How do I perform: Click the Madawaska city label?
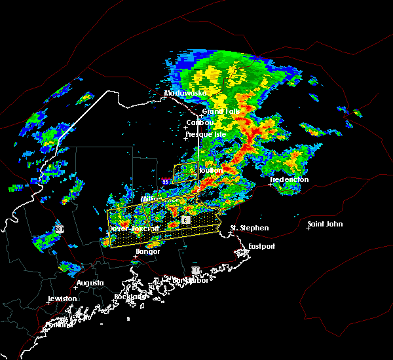187,94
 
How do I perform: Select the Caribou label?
200,122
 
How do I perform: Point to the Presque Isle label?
206,134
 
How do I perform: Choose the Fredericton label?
289,179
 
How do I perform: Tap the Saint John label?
326,225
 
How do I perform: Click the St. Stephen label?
249,228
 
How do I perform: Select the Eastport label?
262,246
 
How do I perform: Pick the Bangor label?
148,251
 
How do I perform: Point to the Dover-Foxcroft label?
134,229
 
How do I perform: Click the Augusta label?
90,283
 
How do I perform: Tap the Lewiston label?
62,298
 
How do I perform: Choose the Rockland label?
129,297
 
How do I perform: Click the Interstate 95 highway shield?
166,181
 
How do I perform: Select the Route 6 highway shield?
186,220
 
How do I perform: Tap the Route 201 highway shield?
60,229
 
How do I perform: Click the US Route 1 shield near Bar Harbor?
195,269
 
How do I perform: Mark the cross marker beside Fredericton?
271,185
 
